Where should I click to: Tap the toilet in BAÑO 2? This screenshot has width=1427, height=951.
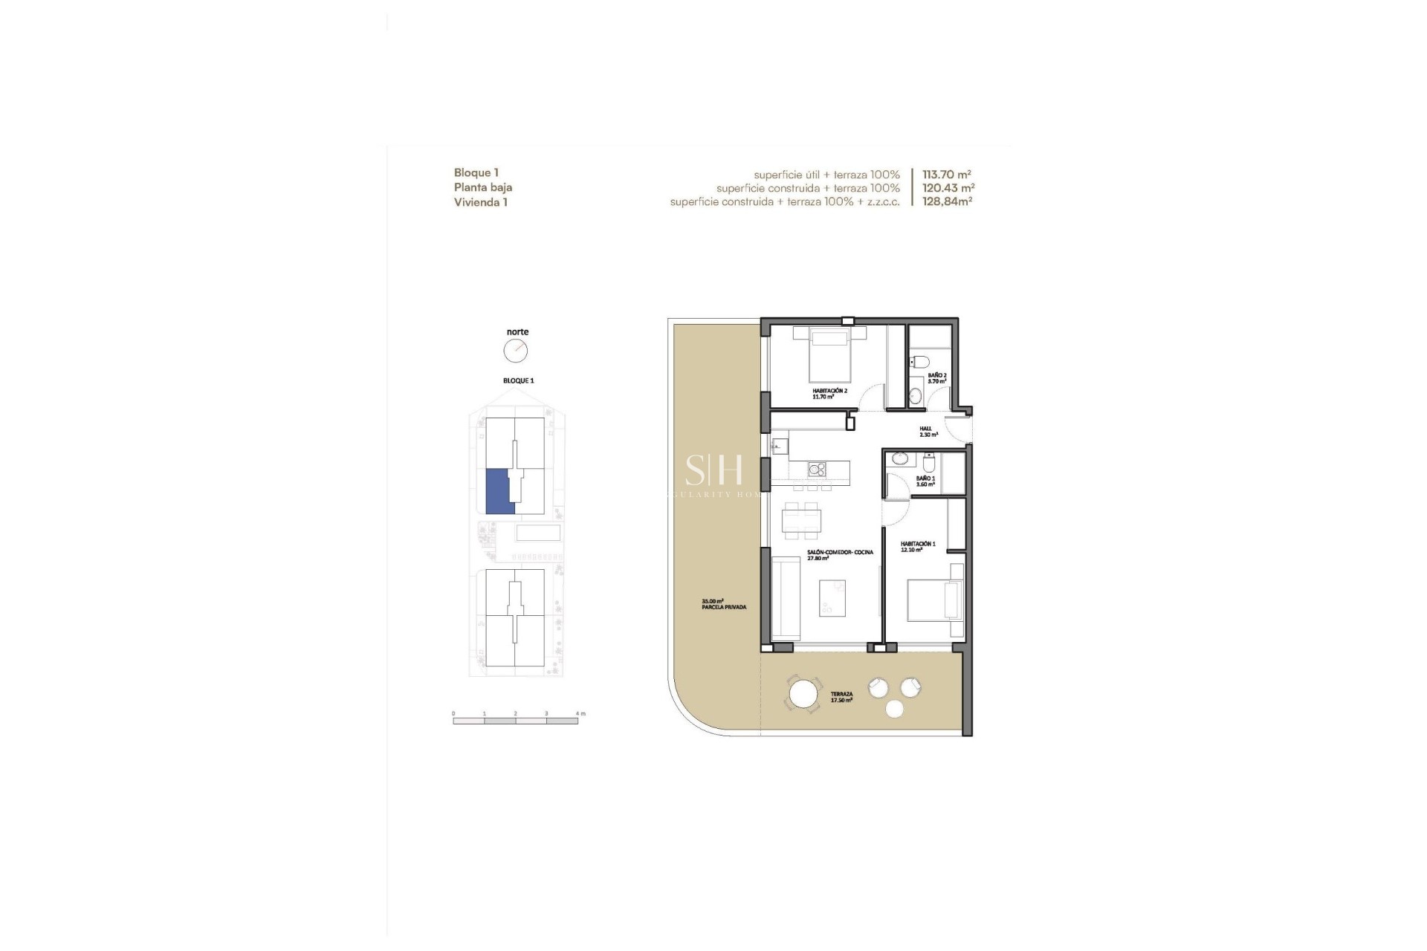tap(919, 363)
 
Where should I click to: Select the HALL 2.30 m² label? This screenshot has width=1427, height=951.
tap(928, 432)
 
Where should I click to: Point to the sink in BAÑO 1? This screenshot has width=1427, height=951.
tap(900, 458)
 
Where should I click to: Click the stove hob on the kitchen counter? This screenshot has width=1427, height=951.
tap(817, 470)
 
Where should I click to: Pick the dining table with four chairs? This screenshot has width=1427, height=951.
tap(802, 520)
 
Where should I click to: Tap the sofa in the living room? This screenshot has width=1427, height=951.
tap(786, 599)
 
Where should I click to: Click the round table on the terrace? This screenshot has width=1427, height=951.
tap(803, 695)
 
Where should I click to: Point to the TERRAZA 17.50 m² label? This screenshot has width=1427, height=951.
tap(841, 697)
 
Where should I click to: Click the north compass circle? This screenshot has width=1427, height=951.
tap(515, 351)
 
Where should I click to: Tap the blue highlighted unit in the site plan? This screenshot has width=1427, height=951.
tap(496, 491)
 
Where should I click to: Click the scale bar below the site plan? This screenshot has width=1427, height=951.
tap(515, 721)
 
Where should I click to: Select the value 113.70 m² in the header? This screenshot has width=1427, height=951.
tap(947, 175)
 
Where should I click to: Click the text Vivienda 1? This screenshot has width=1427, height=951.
tap(481, 202)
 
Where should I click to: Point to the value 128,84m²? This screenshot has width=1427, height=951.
tap(947, 201)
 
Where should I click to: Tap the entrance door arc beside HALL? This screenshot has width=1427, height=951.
tap(960, 429)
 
